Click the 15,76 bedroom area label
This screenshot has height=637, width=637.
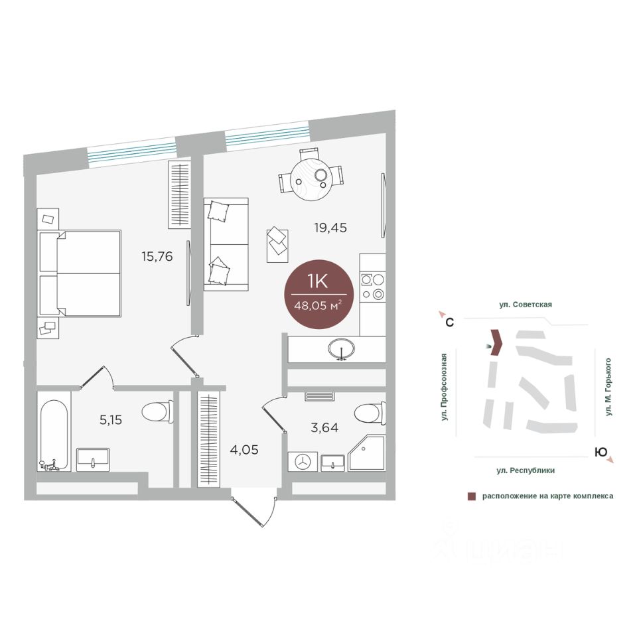[157, 257]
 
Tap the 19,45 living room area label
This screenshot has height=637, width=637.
[330, 228]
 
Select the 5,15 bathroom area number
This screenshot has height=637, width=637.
[111, 419]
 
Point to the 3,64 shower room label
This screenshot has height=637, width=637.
[324, 427]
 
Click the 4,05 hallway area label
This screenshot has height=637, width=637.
[244, 450]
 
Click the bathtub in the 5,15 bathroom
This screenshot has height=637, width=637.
[54, 435]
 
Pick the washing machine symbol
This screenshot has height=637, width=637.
[303, 462]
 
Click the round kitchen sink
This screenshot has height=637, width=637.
[342, 349]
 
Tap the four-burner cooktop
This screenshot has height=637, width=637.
[372, 287]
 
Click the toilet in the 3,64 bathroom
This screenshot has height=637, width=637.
[370, 414]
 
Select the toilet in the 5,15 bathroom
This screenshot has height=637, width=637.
[157, 412]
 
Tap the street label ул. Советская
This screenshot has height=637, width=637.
[526, 305]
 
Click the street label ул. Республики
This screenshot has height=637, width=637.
[526, 470]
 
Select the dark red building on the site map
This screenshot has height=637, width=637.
[497, 342]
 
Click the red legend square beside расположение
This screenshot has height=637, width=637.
[472, 496]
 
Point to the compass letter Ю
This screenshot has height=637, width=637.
[601, 452]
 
